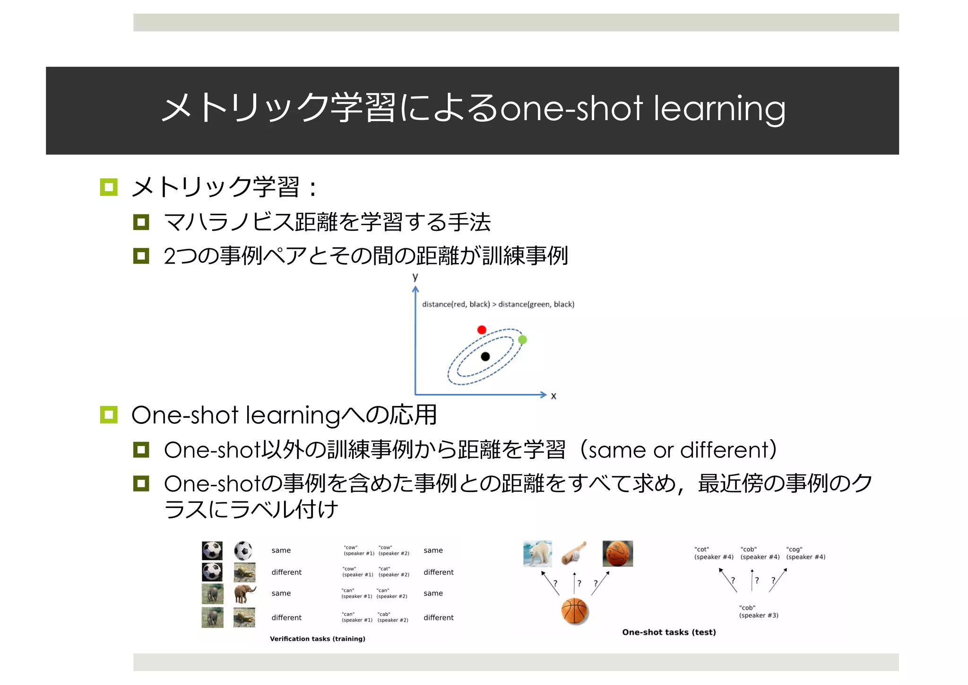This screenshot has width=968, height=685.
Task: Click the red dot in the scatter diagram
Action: pos(482,330)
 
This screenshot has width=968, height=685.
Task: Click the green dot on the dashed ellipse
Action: pos(522,340)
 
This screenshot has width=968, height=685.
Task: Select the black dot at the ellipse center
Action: pos(485,357)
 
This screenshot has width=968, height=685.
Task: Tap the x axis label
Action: pos(553,396)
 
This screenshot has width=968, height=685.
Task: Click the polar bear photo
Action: pos(537,553)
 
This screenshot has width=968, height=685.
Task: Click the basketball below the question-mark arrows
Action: pos(574,611)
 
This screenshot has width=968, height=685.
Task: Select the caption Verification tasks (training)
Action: pos(317,639)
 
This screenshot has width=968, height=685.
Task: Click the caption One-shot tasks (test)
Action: pos(669,632)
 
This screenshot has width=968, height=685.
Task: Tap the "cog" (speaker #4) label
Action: pos(805,553)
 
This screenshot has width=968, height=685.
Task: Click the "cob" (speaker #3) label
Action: pos(758,611)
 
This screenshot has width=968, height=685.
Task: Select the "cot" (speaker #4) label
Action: pos(714,553)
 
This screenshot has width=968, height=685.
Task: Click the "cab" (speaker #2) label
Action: pos(392,617)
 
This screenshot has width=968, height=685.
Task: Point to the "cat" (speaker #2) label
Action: pos(393,571)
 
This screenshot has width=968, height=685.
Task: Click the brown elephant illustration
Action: pos(244,594)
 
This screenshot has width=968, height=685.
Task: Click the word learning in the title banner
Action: pos(719,109)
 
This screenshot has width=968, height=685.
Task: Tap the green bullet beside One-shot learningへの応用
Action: pos(109,415)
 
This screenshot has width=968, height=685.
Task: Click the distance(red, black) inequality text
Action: pos(498,304)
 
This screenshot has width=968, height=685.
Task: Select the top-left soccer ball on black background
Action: pos(212,551)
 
